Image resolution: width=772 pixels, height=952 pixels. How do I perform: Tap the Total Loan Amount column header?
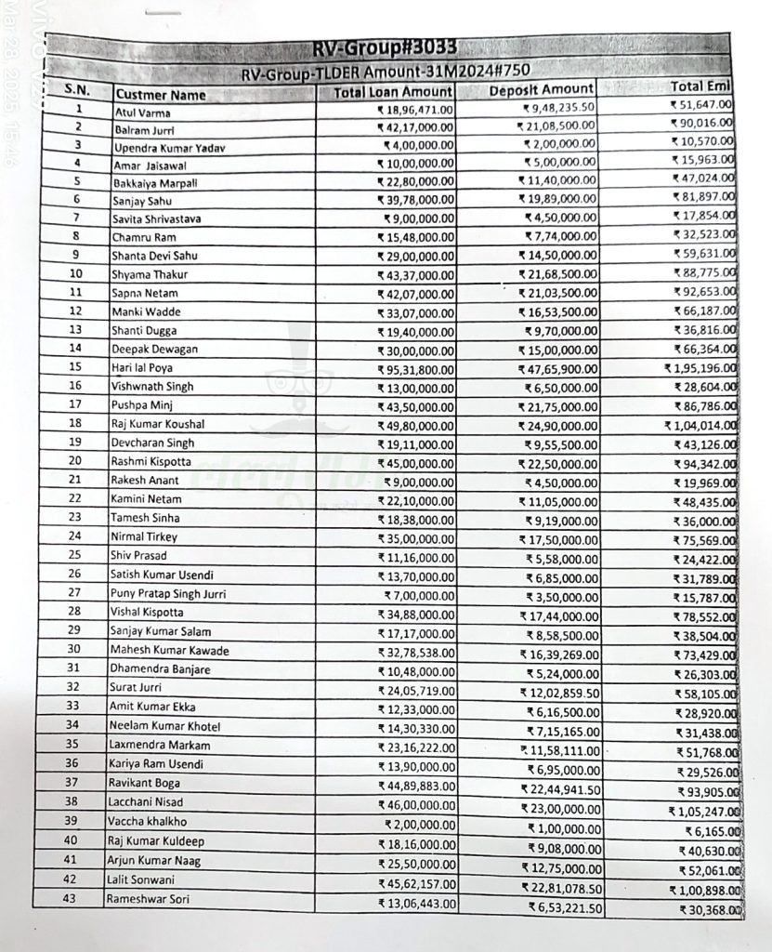394,92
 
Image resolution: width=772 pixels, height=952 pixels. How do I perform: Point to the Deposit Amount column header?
541,89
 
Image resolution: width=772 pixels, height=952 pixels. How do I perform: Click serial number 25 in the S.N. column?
76,555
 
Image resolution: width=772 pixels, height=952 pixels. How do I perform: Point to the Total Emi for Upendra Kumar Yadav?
704,142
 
